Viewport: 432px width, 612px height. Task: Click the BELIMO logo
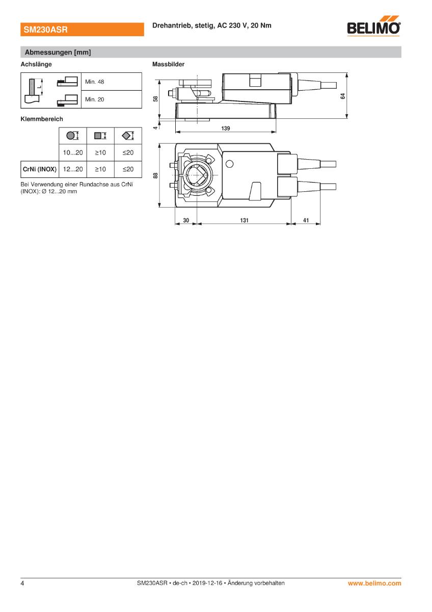pos(373,26)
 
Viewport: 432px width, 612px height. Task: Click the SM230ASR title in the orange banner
pos(45,30)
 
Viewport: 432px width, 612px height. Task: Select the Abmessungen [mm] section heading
pos(58,52)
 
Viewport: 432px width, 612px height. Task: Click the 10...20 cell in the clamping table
pos(73,152)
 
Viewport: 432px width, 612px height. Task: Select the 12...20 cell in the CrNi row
pos(73,169)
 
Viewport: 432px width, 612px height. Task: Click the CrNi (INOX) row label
pos(40,169)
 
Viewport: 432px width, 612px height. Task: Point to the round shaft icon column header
pos(72,136)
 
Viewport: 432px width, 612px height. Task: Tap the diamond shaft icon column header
pos(128,136)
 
